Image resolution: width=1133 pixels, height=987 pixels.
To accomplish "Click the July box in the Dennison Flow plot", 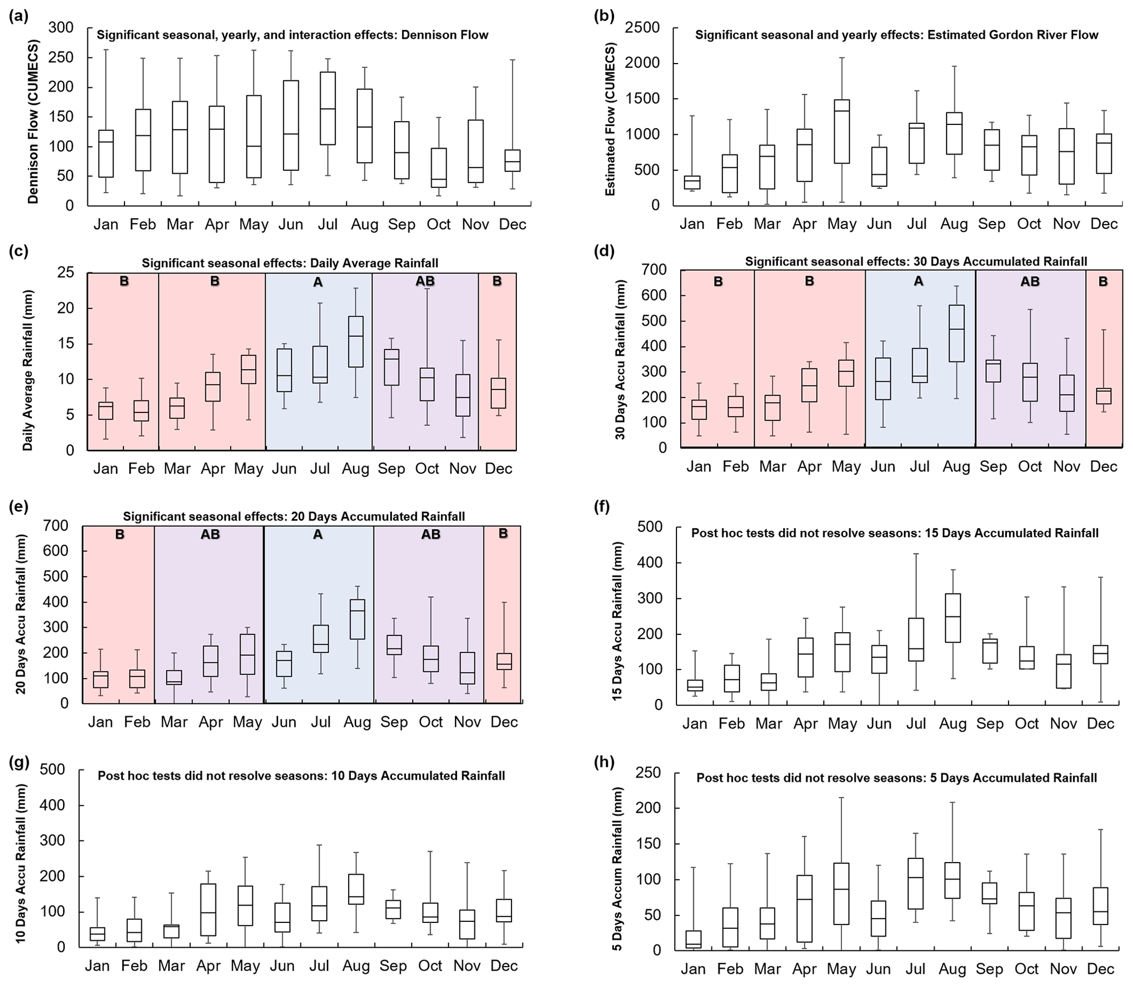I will click(328, 108).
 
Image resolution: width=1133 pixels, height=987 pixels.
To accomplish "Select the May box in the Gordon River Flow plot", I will click(841, 131).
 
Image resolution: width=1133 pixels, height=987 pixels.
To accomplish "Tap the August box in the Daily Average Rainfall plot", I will click(355, 341).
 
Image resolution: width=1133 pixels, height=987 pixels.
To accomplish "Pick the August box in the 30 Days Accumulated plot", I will click(956, 333).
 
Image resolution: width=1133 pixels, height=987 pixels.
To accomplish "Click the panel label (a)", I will click(19, 16).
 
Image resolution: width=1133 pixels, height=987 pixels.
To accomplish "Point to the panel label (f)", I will click(602, 507).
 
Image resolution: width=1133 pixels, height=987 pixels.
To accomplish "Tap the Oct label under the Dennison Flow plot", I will click(438, 225).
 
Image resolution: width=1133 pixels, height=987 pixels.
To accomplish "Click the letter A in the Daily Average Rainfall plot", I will click(318, 282).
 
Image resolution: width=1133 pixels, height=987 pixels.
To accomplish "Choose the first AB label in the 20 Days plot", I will click(210, 534).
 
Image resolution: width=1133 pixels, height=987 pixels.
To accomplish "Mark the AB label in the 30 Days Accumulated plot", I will click(1030, 282).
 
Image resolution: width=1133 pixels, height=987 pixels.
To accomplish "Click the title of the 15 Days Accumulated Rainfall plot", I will click(895, 533).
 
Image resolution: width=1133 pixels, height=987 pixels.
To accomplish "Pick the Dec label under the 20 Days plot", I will click(504, 722).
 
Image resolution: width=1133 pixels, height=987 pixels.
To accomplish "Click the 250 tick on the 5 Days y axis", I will click(648, 773).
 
